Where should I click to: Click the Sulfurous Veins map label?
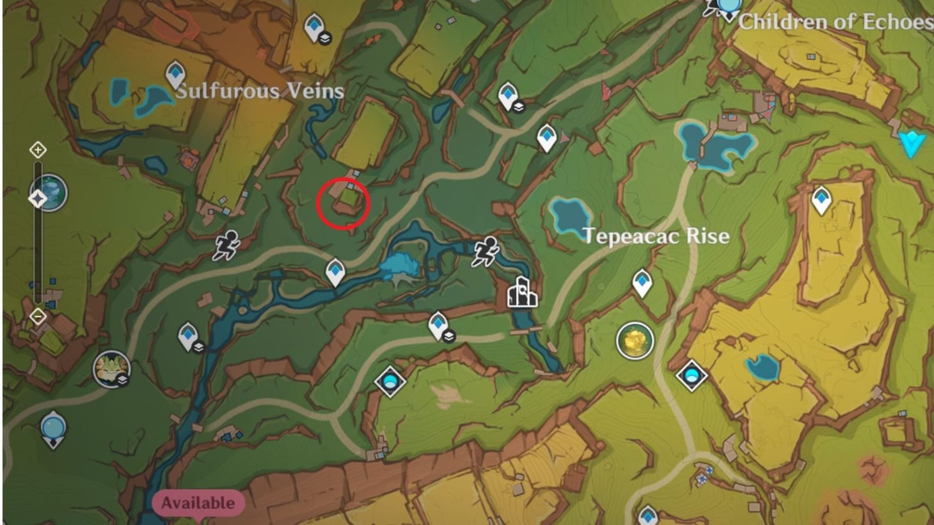(x=260, y=91)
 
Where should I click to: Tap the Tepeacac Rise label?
(x=656, y=236)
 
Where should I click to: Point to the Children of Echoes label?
(x=835, y=22)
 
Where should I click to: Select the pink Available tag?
(x=198, y=503)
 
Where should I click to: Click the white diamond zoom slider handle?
(x=38, y=199)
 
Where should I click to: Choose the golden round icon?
(x=635, y=341)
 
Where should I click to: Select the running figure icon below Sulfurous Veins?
(x=226, y=246)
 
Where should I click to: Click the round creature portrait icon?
(x=111, y=369)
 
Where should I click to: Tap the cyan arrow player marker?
(x=911, y=145)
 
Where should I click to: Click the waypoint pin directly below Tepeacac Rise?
(x=642, y=283)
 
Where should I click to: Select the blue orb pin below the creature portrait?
(x=52, y=429)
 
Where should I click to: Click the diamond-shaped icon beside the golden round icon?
(x=691, y=375)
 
